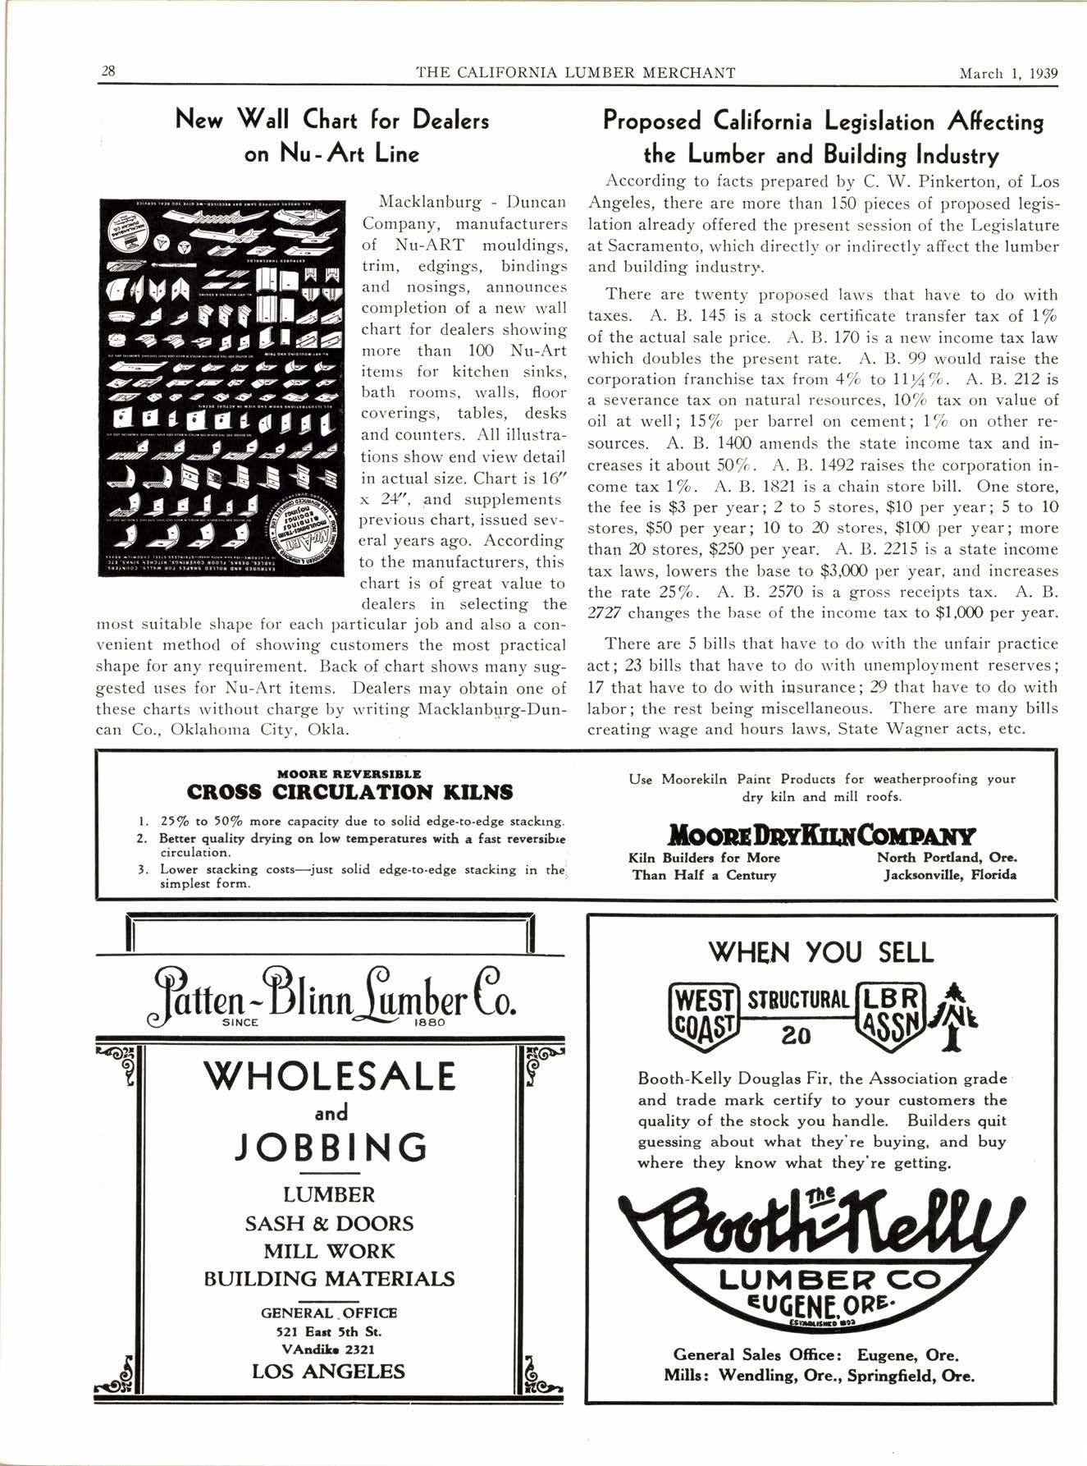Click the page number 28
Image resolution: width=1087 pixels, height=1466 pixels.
click(x=107, y=71)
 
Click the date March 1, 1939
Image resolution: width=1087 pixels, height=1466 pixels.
click(x=1008, y=72)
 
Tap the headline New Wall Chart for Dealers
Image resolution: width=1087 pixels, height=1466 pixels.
click(x=332, y=121)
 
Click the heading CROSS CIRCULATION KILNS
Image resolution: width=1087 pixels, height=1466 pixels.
click(x=349, y=792)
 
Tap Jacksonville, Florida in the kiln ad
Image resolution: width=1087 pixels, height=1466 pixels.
click(x=949, y=875)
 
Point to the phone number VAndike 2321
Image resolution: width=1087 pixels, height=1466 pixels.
click(x=328, y=1349)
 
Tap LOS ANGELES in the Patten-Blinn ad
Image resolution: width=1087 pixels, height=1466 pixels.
click(x=328, y=1372)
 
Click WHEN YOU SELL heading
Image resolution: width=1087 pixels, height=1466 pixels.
click(x=820, y=952)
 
